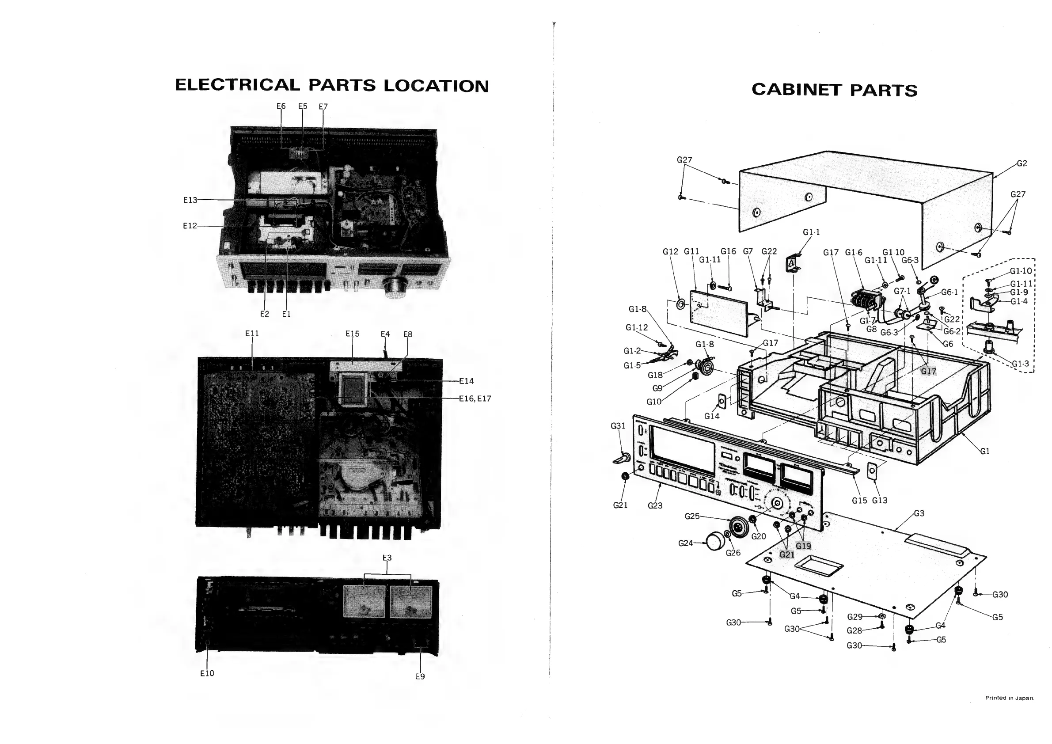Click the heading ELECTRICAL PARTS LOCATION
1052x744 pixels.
[332, 86]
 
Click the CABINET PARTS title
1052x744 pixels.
[834, 90]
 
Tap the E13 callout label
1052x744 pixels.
[190, 200]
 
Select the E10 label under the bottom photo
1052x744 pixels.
[207, 673]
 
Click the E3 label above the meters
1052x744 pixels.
[387, 558]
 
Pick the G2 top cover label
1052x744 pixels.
[1022, 163]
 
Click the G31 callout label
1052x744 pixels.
[618, 426]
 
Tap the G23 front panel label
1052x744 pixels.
[655, 506]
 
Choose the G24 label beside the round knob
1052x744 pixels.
[685, 543]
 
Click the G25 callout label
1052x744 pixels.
[692, 516]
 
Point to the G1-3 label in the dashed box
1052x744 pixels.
[1020, 364]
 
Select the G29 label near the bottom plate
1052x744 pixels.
[855, 617]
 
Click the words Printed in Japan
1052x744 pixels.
[1010, 698]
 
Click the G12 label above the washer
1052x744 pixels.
[670, 251]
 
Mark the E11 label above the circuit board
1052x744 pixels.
[252, 334]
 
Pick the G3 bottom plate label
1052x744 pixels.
[919, 513]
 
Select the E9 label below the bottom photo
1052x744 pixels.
[420, 676]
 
